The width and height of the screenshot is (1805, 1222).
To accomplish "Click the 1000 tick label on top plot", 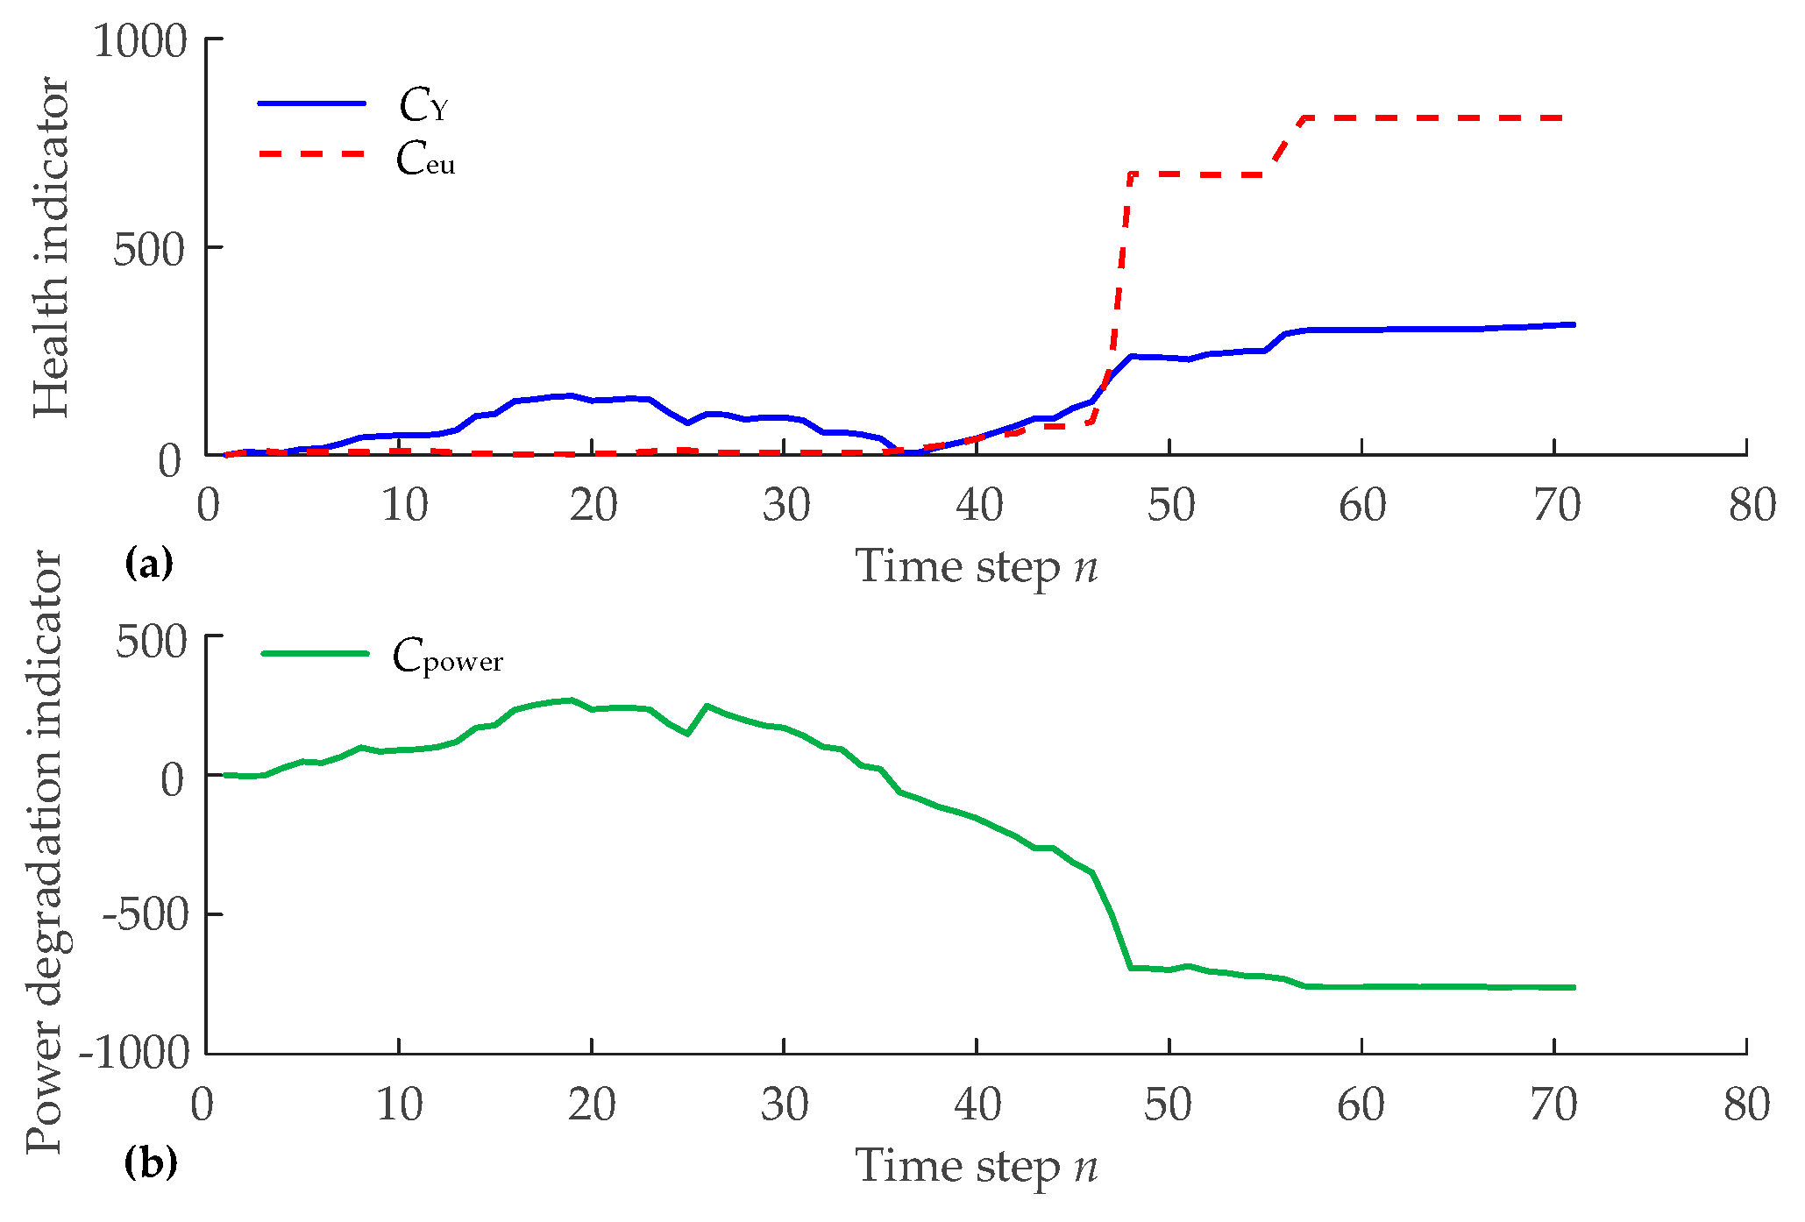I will tap(140, 41).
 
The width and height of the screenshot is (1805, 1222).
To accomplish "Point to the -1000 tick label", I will tap(134, 1051).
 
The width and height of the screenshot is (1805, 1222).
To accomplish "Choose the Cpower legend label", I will tap(447, 657).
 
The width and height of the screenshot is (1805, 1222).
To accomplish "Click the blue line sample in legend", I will tap(311, 103).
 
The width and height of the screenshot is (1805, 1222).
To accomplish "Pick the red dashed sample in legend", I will tap(311, 154).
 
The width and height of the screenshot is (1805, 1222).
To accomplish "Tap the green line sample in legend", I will tap(315, 653).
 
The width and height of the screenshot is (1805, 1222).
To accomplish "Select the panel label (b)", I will tap(151, 1163).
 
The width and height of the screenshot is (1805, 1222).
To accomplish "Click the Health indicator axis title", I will tap(51, 247).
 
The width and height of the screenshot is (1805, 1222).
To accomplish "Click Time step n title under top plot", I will tap(976, 566).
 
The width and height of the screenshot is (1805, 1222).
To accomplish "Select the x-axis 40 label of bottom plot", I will tap(977, 1105).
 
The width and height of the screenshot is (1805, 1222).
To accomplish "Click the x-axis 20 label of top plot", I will tap(593, 506).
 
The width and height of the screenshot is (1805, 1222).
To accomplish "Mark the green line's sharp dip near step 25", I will tap(688, 733).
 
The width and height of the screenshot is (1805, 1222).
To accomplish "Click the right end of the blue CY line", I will tap(1573, 324).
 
